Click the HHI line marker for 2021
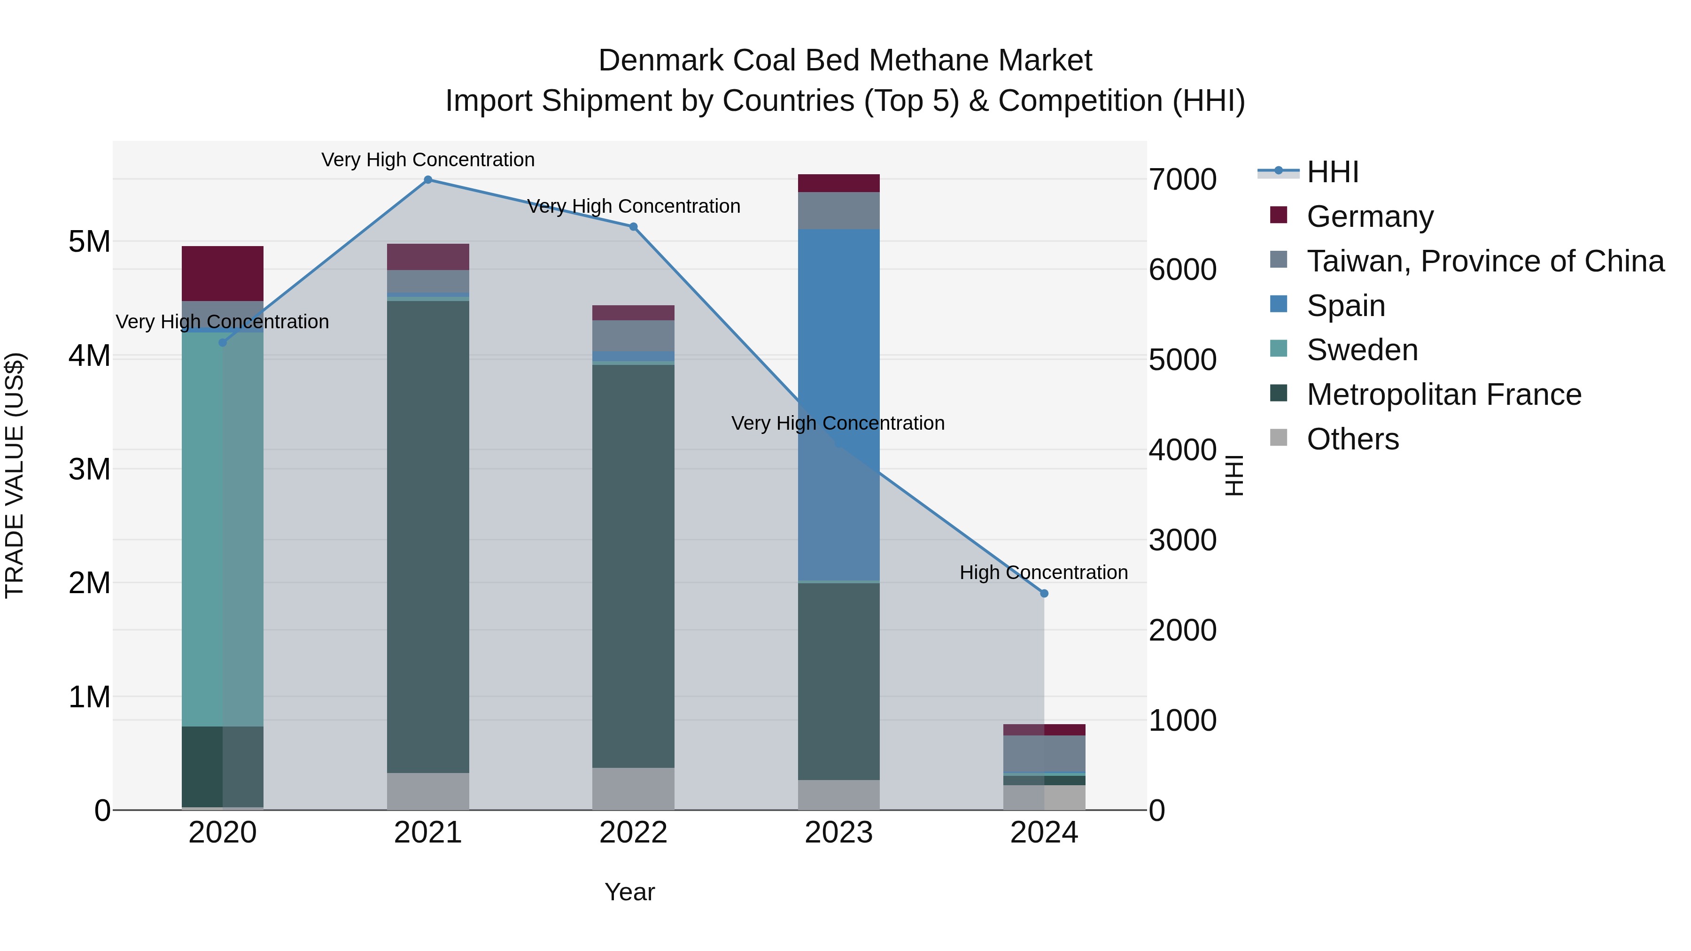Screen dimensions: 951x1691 [428, 180]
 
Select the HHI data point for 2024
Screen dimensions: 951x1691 [1044, 593]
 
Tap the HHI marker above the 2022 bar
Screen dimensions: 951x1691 [634, 227]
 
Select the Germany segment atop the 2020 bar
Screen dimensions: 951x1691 [223, 273]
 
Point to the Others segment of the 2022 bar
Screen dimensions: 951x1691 [634, 788]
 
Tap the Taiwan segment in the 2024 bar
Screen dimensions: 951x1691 [1044, 753]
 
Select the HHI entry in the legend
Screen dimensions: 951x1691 [1332, 172]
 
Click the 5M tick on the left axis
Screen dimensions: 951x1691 [89, 241]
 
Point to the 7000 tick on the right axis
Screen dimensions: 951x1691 [1182, 179]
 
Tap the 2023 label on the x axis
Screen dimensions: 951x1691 [839, 833]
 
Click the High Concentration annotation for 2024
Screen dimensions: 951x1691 [1044, 572]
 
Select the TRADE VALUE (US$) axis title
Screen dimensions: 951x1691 [15, 475]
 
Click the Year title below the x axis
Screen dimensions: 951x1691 [629, 892]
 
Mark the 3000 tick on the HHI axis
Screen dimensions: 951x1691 [1182, 540]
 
